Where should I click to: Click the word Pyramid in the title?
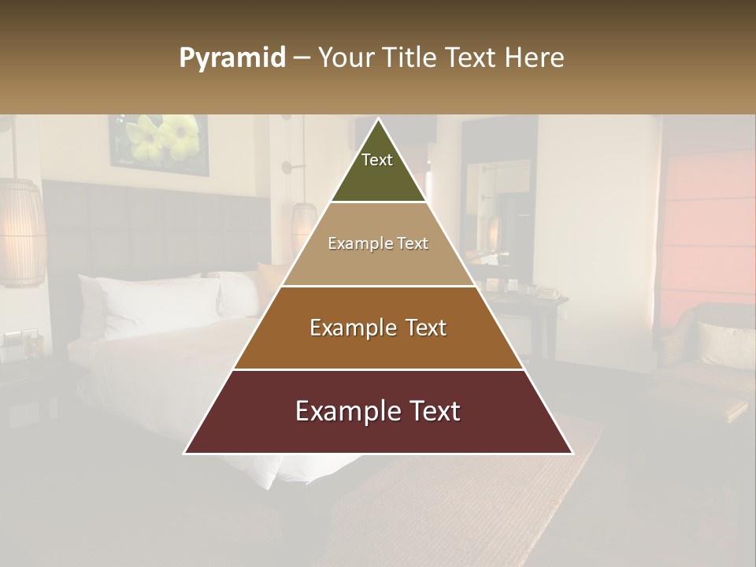[x=232, y=58]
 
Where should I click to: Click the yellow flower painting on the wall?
[x=161, y=143]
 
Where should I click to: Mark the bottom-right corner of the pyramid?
[x=572, y=453]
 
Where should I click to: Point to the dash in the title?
[x=301, y=58]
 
